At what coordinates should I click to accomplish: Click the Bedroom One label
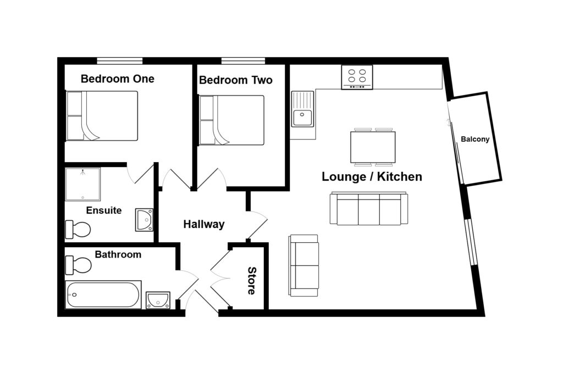coord(117,79)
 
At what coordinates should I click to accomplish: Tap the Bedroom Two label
coord(235,80)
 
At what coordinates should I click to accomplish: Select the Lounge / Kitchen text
coord(372,177)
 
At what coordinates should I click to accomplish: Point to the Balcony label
coord(475,139)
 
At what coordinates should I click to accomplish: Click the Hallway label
coord(203,224)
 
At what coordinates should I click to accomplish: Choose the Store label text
coord(251,281)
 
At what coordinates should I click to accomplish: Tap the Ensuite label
coord(104,210)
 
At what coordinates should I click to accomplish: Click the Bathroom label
coord(118,254)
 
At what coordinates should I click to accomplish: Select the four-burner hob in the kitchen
coord(357,77)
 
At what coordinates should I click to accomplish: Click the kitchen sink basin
coord(302,117)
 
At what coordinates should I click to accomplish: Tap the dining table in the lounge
coord(373,147)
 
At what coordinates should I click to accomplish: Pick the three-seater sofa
coord(369,209)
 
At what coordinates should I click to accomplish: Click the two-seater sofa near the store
coord(304,266)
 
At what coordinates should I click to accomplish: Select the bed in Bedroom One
coord(102,116)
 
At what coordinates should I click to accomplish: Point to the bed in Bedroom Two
coord(231,120)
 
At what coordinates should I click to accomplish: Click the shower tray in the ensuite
coord(82,184)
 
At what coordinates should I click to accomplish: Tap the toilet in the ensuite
coord(78,229)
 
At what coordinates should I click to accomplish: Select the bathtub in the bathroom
coord(103,295)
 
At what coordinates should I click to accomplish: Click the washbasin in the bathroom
coord(158,300)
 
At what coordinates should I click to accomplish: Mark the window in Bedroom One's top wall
coord(120,60)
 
